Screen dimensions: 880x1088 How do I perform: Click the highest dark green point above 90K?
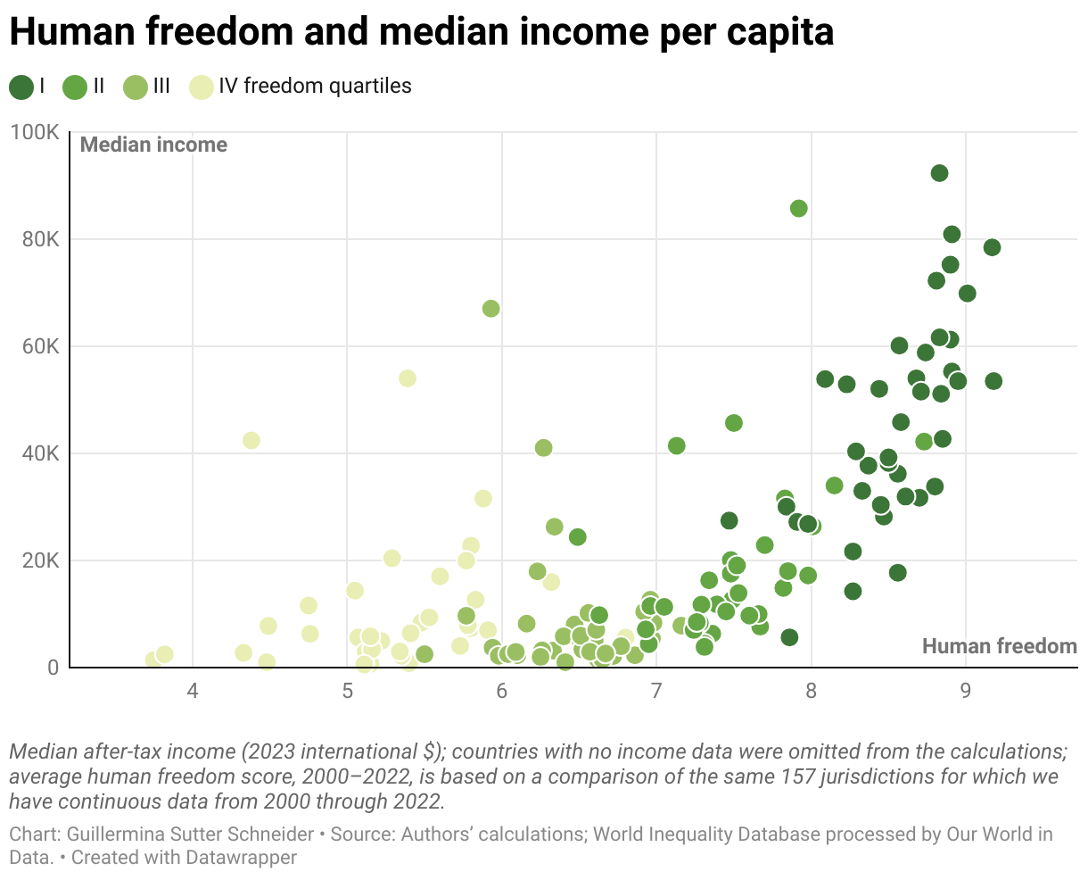(939, 173)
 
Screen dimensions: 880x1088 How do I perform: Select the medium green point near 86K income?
(799, 208)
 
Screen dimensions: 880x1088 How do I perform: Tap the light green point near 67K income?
(490, 308)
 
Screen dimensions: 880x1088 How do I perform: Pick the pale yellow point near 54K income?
(408, 378)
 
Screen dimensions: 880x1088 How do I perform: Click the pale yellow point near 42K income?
(251, 441)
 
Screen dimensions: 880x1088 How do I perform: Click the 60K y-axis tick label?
(39, 346)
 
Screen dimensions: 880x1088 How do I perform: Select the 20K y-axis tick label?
(39, 560)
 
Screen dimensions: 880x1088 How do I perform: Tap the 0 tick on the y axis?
(53, 668)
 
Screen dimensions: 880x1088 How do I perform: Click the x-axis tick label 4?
(193, 691)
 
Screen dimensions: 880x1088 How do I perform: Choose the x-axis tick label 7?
(656, 691)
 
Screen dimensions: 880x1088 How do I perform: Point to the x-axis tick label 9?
(966, 691)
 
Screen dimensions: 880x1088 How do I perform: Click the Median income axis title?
(153, 145)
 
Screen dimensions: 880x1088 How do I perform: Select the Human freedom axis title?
(999, 646)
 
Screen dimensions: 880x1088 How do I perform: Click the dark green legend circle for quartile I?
(21, 87)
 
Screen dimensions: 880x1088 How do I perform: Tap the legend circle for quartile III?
(136, 87)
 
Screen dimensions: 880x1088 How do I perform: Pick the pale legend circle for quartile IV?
(202, 87)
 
